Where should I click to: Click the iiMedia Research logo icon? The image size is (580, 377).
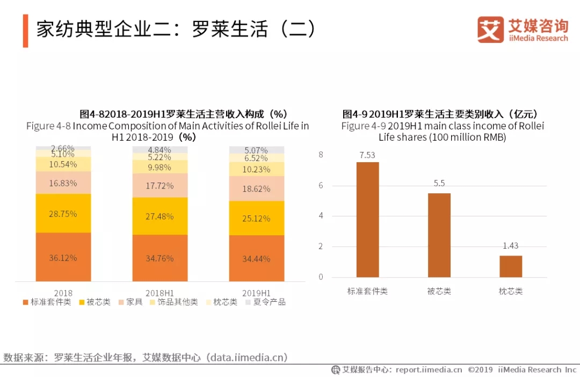tap(490, 30)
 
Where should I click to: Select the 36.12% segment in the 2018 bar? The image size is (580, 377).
tap(63, 257)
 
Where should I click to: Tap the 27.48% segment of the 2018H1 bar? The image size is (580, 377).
tap(160, 216)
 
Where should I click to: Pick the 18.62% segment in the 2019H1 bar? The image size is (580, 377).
tap(257, 189)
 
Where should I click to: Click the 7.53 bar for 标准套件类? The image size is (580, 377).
tap(367, 220)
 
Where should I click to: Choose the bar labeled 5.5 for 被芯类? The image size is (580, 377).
tap(439, 235)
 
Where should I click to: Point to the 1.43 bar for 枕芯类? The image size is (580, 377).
tap(511, 266)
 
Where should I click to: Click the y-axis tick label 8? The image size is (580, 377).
tap(321, 155)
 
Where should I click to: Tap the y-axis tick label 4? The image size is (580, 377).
tap(321, 216)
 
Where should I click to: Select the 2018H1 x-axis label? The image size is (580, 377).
tap(160, 293)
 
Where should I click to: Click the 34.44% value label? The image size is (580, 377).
tap(257, 259)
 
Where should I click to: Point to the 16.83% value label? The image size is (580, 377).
tap(63, 183)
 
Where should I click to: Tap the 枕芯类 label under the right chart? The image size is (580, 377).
tap(511, 291)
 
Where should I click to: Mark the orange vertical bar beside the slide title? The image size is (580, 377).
tap(25, 31)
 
